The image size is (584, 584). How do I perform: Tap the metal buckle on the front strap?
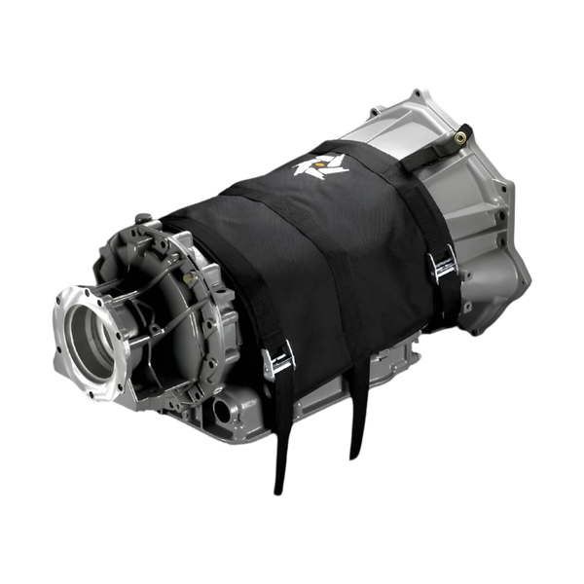coord(278,361)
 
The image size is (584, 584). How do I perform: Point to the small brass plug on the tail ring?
coord(191,278)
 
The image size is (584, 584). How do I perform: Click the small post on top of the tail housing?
coord(143,218)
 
